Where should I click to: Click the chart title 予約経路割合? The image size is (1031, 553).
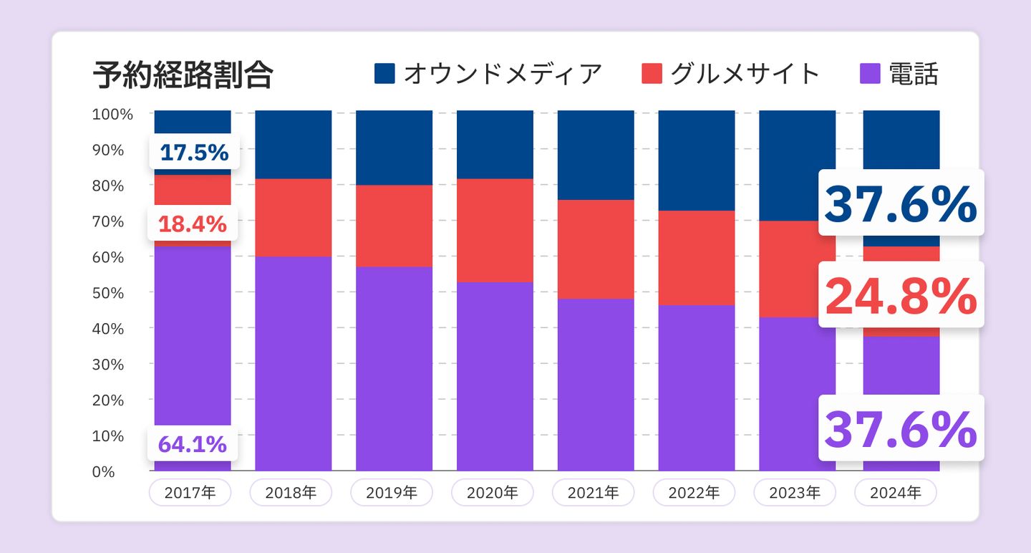point(183,74)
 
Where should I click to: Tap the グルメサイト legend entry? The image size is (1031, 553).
point(730,74)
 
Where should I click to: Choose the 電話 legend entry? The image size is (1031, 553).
point(899,74)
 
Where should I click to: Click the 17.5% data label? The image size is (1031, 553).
point(194,153)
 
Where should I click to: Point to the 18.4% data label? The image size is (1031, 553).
point(193,224)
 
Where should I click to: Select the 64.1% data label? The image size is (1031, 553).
point(192,445)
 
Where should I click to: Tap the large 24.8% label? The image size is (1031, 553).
point(901,295)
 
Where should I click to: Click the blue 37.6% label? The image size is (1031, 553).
point(901,204)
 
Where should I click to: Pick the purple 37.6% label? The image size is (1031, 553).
point(901,428)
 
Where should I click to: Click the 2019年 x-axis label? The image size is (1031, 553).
point(392,492)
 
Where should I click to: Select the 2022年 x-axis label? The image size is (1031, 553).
point(694,492)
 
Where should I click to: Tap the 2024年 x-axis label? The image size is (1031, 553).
point(896,492)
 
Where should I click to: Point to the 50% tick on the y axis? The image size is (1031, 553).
point(108,293)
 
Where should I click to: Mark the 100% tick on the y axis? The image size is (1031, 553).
point(112,114)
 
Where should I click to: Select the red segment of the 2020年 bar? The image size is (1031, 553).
point(495,230)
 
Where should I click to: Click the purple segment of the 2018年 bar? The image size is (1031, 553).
point(294,363)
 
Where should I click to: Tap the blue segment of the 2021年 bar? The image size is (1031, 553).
point(596,155)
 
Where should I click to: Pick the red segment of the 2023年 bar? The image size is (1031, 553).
point(796,269)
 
